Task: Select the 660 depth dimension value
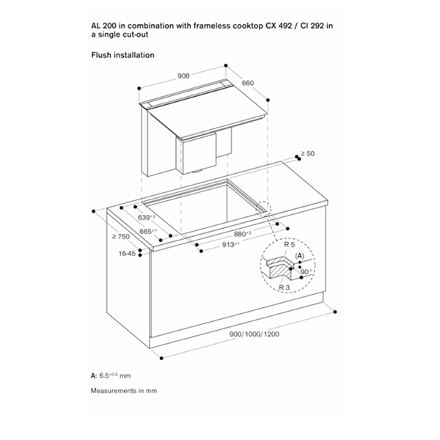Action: point(247,84)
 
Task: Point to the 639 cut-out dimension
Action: point(147,218)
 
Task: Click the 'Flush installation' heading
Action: point(122,55)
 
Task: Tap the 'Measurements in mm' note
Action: point(123,391)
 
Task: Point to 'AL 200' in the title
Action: point(104,26)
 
